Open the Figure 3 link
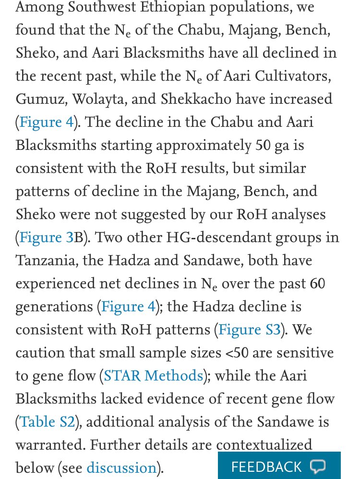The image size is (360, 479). (x=47, y=237)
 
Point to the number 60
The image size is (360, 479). (x=317, y=283)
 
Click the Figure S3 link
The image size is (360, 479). (x=250, y=330)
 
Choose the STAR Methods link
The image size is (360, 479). (x=154, y=376)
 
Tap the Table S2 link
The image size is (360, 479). (x=47, y=422)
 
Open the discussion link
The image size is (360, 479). (x=121, y=467)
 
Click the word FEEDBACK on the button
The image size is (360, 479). (x=266, y=467)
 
